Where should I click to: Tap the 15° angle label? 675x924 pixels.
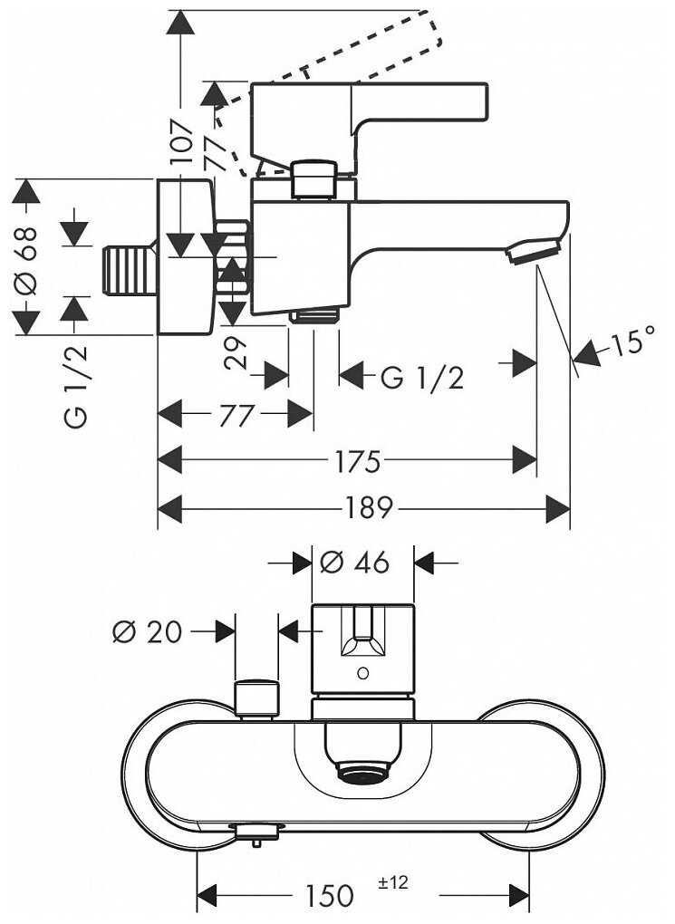click(632, 343)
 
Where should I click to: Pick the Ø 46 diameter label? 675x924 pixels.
click(355, 563)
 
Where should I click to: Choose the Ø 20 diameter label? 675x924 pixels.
click(147, 631)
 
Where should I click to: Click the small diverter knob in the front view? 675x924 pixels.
click(256, 697)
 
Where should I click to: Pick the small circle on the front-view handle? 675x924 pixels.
click(362, 673)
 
